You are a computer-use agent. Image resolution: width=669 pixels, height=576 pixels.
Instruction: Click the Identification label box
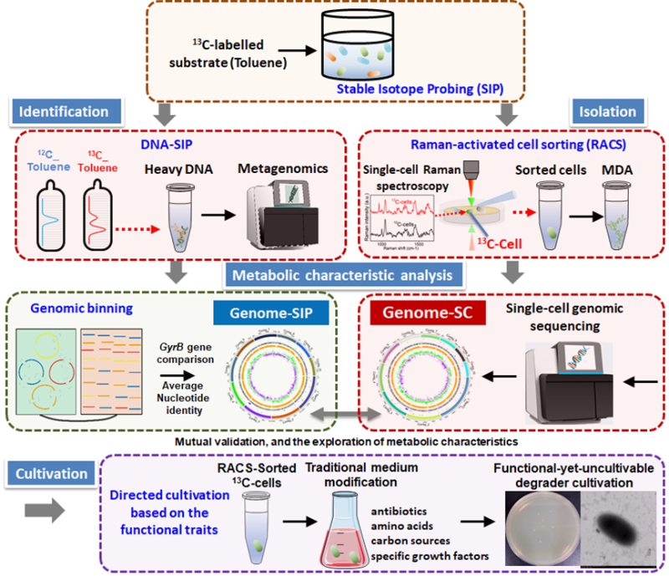[67, 111]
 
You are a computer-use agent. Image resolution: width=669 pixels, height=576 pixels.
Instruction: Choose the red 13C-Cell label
[491, 244]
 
